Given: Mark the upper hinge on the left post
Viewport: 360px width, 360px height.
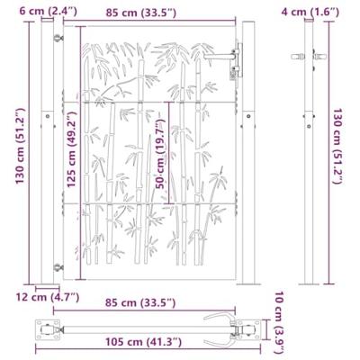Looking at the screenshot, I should [58, 40].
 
